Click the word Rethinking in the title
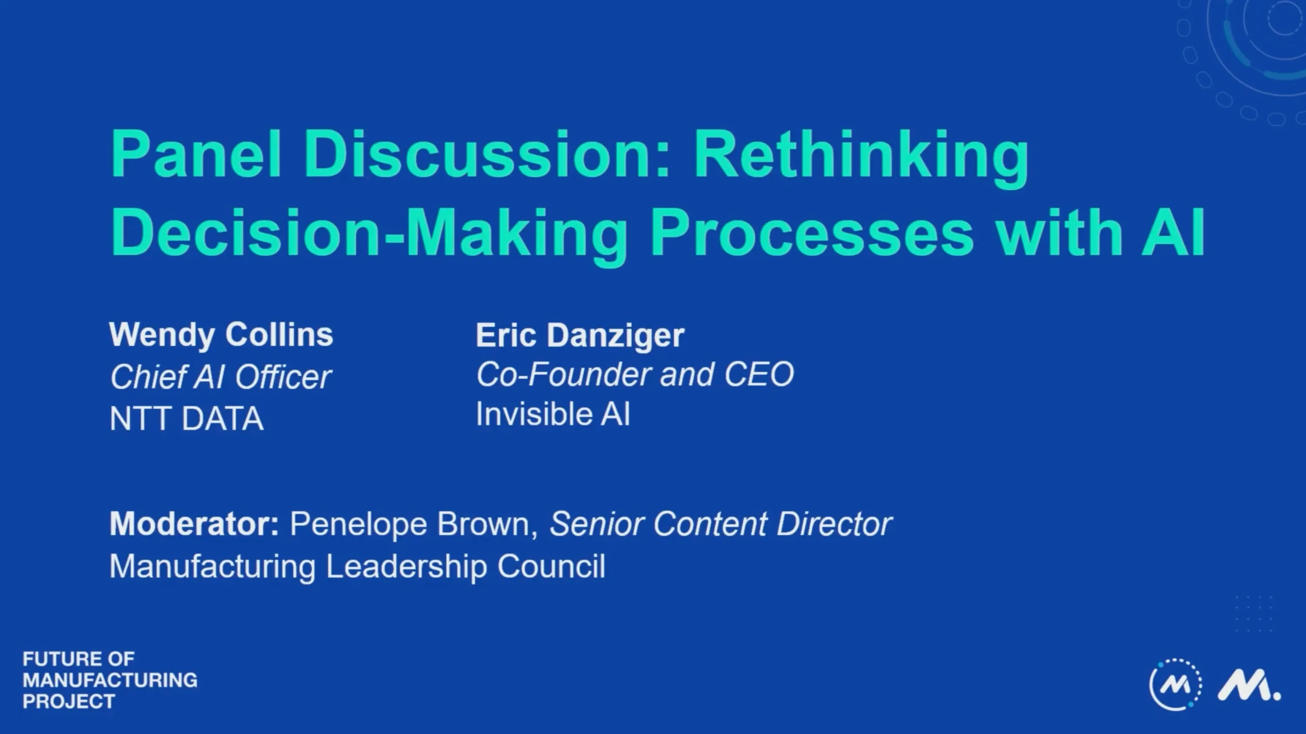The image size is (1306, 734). [x=861, y=154]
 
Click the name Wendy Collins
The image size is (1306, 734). [x=221, y=335]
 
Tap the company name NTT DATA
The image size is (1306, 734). [x=187, y=419]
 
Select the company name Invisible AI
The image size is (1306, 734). [x=553, y=414]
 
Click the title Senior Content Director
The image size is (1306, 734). [x=720, y=524]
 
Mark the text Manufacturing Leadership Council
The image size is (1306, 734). [x=358, y=566]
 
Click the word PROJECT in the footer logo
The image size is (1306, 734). [x=69, y=701]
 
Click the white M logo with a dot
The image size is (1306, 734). [x=1248, y=685]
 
